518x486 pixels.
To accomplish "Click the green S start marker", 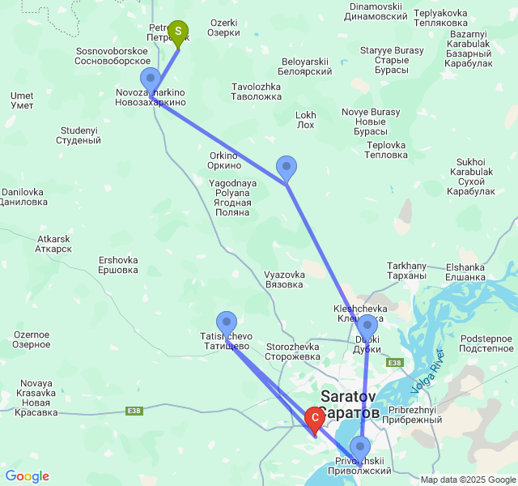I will [178, 32].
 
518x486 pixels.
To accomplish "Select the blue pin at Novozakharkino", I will [151, 80].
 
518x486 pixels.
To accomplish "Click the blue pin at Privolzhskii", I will [360, 447].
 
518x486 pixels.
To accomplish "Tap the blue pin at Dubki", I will [367, 327].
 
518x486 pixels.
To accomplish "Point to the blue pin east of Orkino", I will [287, 168].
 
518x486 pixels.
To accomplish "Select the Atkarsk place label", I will [54, 244].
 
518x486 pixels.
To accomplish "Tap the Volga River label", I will [428, 373].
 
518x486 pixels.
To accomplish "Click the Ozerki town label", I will [224, 28].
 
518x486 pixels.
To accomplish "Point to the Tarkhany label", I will [406, 271].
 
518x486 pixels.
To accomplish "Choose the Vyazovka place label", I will [284, 279].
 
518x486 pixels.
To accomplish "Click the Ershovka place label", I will [118, 265].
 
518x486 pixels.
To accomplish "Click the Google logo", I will [27, 476].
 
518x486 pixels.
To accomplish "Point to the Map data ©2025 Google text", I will [468, 480].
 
